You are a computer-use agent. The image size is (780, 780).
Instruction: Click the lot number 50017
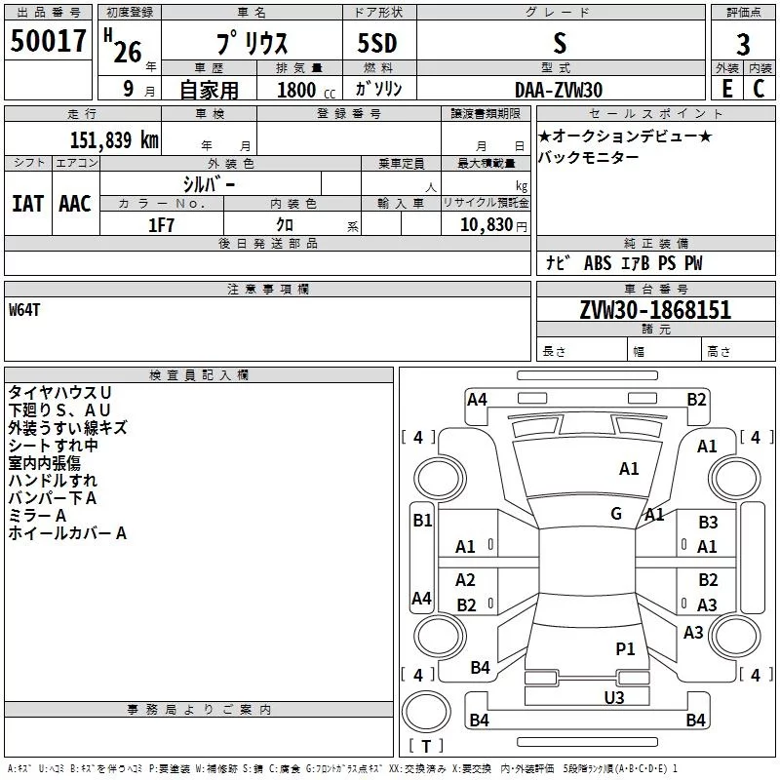click(x=48, y=41)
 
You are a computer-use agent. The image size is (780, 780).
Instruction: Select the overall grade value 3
click(x=743, y=45)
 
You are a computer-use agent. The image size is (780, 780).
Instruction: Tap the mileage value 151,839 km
click(x=114, y=139)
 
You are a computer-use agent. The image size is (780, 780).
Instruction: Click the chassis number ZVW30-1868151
click(x=655, y=309)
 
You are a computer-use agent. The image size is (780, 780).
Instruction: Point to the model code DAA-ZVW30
click(x=559, y=90)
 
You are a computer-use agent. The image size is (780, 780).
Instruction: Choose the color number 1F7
click(x=161, y=225)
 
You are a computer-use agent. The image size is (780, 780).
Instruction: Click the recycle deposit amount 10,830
click(x=486, y=225)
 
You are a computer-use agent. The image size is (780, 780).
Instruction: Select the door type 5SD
click(x=377, y=43)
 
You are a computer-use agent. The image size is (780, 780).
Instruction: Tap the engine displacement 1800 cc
click(x=306, y=90)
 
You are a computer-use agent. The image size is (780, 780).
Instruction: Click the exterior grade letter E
click(x=727, y=89)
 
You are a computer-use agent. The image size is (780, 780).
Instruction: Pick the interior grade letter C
click(x=759, y=89)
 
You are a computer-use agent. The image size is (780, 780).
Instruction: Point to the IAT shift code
click(x=28, y=204)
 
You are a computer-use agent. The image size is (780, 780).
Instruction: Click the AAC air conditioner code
click(x=75, y=204)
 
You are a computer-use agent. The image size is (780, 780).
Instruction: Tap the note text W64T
click(x=24, y=310)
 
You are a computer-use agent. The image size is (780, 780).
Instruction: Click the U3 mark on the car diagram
click(x=614, y=697)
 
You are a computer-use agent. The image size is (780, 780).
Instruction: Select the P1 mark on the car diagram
click(x=625, y=648)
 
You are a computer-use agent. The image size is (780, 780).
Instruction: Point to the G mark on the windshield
click(x=616, y=513)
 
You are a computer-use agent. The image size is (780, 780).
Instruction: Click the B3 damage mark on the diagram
click(x=708, y=522)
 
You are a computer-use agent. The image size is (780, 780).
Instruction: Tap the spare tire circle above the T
click(x=426, y=711)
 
